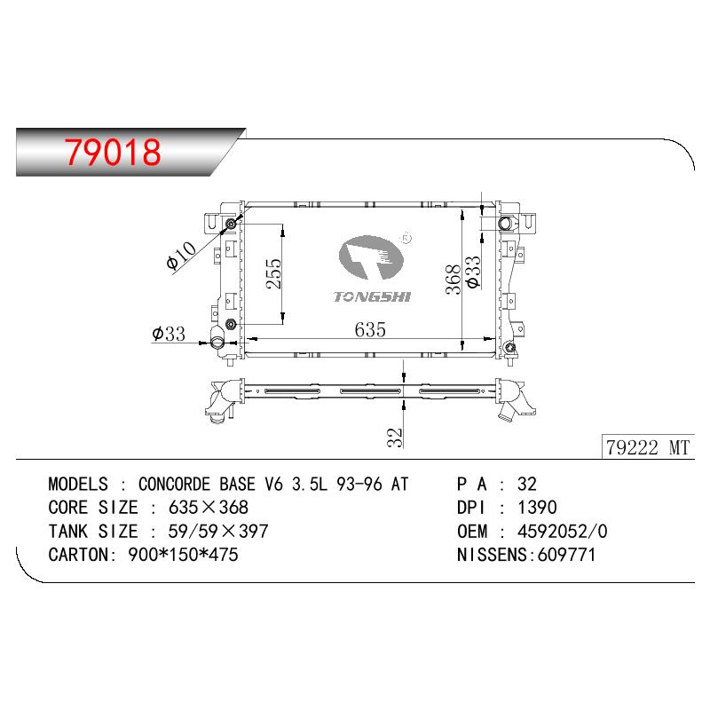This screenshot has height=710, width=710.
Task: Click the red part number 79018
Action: pos(113,152)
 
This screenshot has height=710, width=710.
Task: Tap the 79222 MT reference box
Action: pos(648,447)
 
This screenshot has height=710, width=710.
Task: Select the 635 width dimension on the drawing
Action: pos(370,329)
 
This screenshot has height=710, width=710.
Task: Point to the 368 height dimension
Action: pos(454,280)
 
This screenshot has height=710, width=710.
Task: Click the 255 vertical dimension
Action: pos(274,273)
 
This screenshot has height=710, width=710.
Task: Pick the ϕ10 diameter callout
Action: pos(181,256)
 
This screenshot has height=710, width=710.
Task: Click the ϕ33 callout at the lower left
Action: pos(169,334)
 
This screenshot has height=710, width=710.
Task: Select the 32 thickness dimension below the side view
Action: pos(395,438)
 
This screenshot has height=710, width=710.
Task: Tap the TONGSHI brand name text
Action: pos(372,297)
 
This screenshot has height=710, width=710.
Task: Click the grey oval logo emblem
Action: pos(370,257)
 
